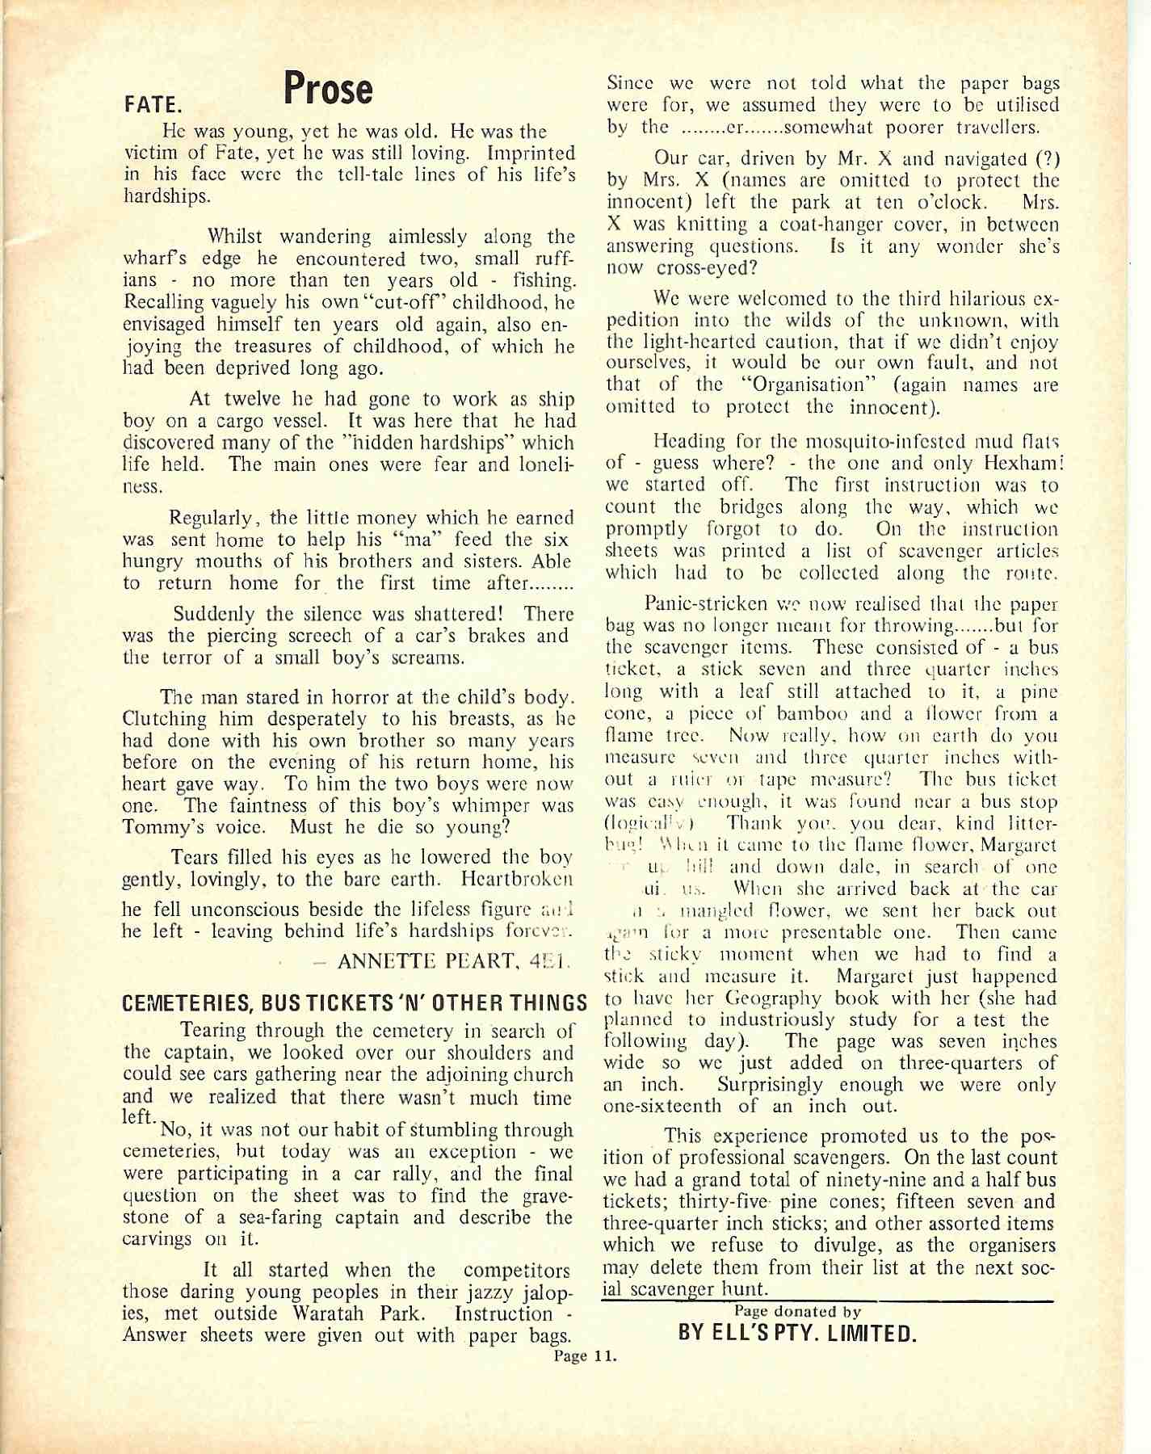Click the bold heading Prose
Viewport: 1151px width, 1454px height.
[328, 89]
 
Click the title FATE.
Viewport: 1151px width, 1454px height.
[153, 105]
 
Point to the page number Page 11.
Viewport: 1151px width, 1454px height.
[585, 1355]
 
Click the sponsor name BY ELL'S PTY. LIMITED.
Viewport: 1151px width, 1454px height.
[797, 1333]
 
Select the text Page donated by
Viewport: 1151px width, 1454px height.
[797, 1312]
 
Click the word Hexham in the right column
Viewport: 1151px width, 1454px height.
[1023, 463]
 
